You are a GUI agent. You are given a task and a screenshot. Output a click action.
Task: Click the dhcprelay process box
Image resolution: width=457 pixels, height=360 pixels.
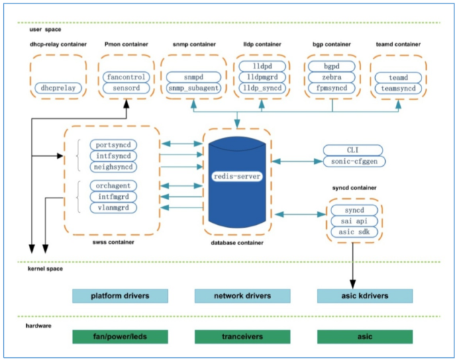coord(58,87)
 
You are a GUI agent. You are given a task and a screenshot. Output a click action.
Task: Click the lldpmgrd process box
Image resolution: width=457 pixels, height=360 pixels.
coord(262,78)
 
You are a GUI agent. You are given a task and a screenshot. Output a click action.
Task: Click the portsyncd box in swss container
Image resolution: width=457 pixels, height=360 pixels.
coord(113,144)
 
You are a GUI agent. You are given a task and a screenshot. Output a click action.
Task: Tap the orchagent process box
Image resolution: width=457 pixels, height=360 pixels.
coord(113,185)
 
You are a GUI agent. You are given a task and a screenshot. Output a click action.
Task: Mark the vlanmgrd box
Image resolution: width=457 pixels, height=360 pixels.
coord(113,208)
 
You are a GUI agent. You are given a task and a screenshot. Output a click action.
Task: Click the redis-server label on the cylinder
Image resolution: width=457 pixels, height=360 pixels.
coord(236,176)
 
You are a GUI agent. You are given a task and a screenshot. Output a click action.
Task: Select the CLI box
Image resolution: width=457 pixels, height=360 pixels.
coord(353,150)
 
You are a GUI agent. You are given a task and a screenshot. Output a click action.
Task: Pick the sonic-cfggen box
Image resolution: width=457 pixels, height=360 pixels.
coord(353,161)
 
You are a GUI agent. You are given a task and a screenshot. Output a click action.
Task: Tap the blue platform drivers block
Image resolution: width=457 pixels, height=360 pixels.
coord(120,296)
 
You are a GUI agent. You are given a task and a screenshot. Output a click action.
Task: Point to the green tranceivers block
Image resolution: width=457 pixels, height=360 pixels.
coord(242,336)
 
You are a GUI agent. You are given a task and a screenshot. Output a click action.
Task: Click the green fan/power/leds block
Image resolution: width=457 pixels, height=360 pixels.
coord(120,336)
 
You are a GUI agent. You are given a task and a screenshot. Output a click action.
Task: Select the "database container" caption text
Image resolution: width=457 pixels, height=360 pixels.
coord(236,242)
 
